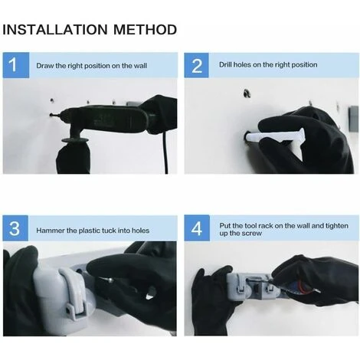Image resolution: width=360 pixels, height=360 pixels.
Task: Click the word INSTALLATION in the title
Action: point(55,29)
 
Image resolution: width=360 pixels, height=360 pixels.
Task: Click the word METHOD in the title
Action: point(145,29)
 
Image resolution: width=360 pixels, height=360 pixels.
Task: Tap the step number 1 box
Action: point(16,65)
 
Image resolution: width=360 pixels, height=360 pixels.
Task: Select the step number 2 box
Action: point(196,65)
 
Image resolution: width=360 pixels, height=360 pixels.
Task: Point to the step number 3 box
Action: point(15,228)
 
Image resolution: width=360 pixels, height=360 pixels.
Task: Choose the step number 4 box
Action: point(197,228)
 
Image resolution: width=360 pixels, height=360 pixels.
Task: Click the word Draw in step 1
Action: point(45,66)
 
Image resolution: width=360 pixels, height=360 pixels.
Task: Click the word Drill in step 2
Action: point(225,64)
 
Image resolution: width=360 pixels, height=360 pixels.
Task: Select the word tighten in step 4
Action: point(337,226)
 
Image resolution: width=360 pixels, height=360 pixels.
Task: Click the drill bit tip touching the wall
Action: point(51,115)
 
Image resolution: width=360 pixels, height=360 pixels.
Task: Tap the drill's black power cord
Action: point(165,152)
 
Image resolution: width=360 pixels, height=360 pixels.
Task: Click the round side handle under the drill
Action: point(75,140)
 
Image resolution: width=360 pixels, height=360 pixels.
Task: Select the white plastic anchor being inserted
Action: point(274,136)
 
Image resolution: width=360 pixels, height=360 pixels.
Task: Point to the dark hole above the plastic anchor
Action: point(247,93)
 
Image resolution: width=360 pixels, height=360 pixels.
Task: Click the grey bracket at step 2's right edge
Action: point(354,119)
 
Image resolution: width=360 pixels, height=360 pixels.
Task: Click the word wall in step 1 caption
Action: point(140,66)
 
